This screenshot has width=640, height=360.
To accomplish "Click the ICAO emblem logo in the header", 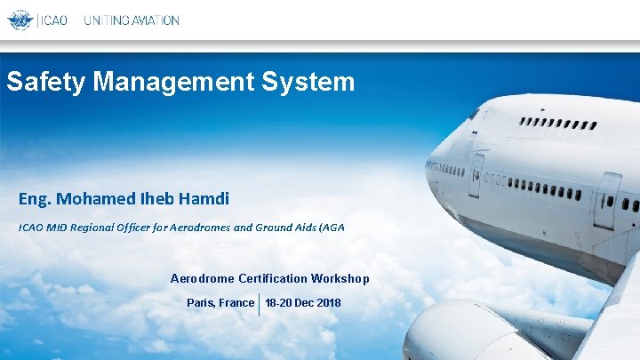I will tap(20, 20).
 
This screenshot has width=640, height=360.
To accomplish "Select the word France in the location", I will tap(237, 303).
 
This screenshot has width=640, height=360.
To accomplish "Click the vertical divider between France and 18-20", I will tap(259, 303).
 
